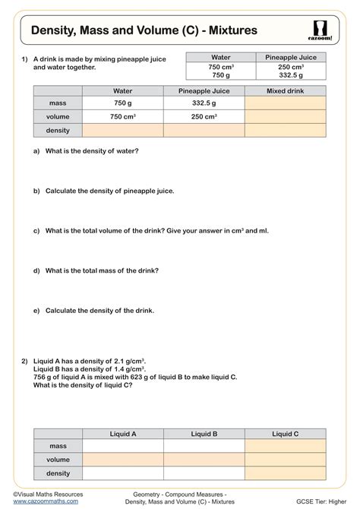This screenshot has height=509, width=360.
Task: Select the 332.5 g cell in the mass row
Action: pyautogui.click(x=204, y=103)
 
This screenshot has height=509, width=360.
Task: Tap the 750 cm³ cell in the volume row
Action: pyautogui.click(x=122, y=116)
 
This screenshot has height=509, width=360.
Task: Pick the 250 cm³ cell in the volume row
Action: pyautogui.click(x=204, y=116)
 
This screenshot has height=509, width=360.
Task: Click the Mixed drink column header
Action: pyautogui.click(x=286, y=90)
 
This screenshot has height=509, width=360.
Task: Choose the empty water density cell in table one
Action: pyautogui.click(x=122, y=130)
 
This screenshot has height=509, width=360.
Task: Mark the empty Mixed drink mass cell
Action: pyautogui.click(x=286, y=103)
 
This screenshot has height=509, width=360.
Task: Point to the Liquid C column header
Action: pyautogui.click(x=286, y=434)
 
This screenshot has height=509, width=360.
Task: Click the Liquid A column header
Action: pyautogui.click(x=122, y=434)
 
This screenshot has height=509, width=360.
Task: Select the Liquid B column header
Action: pyautogui.click(x=204, y=434)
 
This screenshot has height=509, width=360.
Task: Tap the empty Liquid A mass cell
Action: pyautogui.click(x=122, y=446)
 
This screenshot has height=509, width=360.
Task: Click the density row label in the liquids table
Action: pyautogui.click(x=58, y=472)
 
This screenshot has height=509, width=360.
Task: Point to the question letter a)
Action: pyautogui.click(x=36, y=151)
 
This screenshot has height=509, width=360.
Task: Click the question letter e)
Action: pyautogui.click(x=36, y=310)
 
